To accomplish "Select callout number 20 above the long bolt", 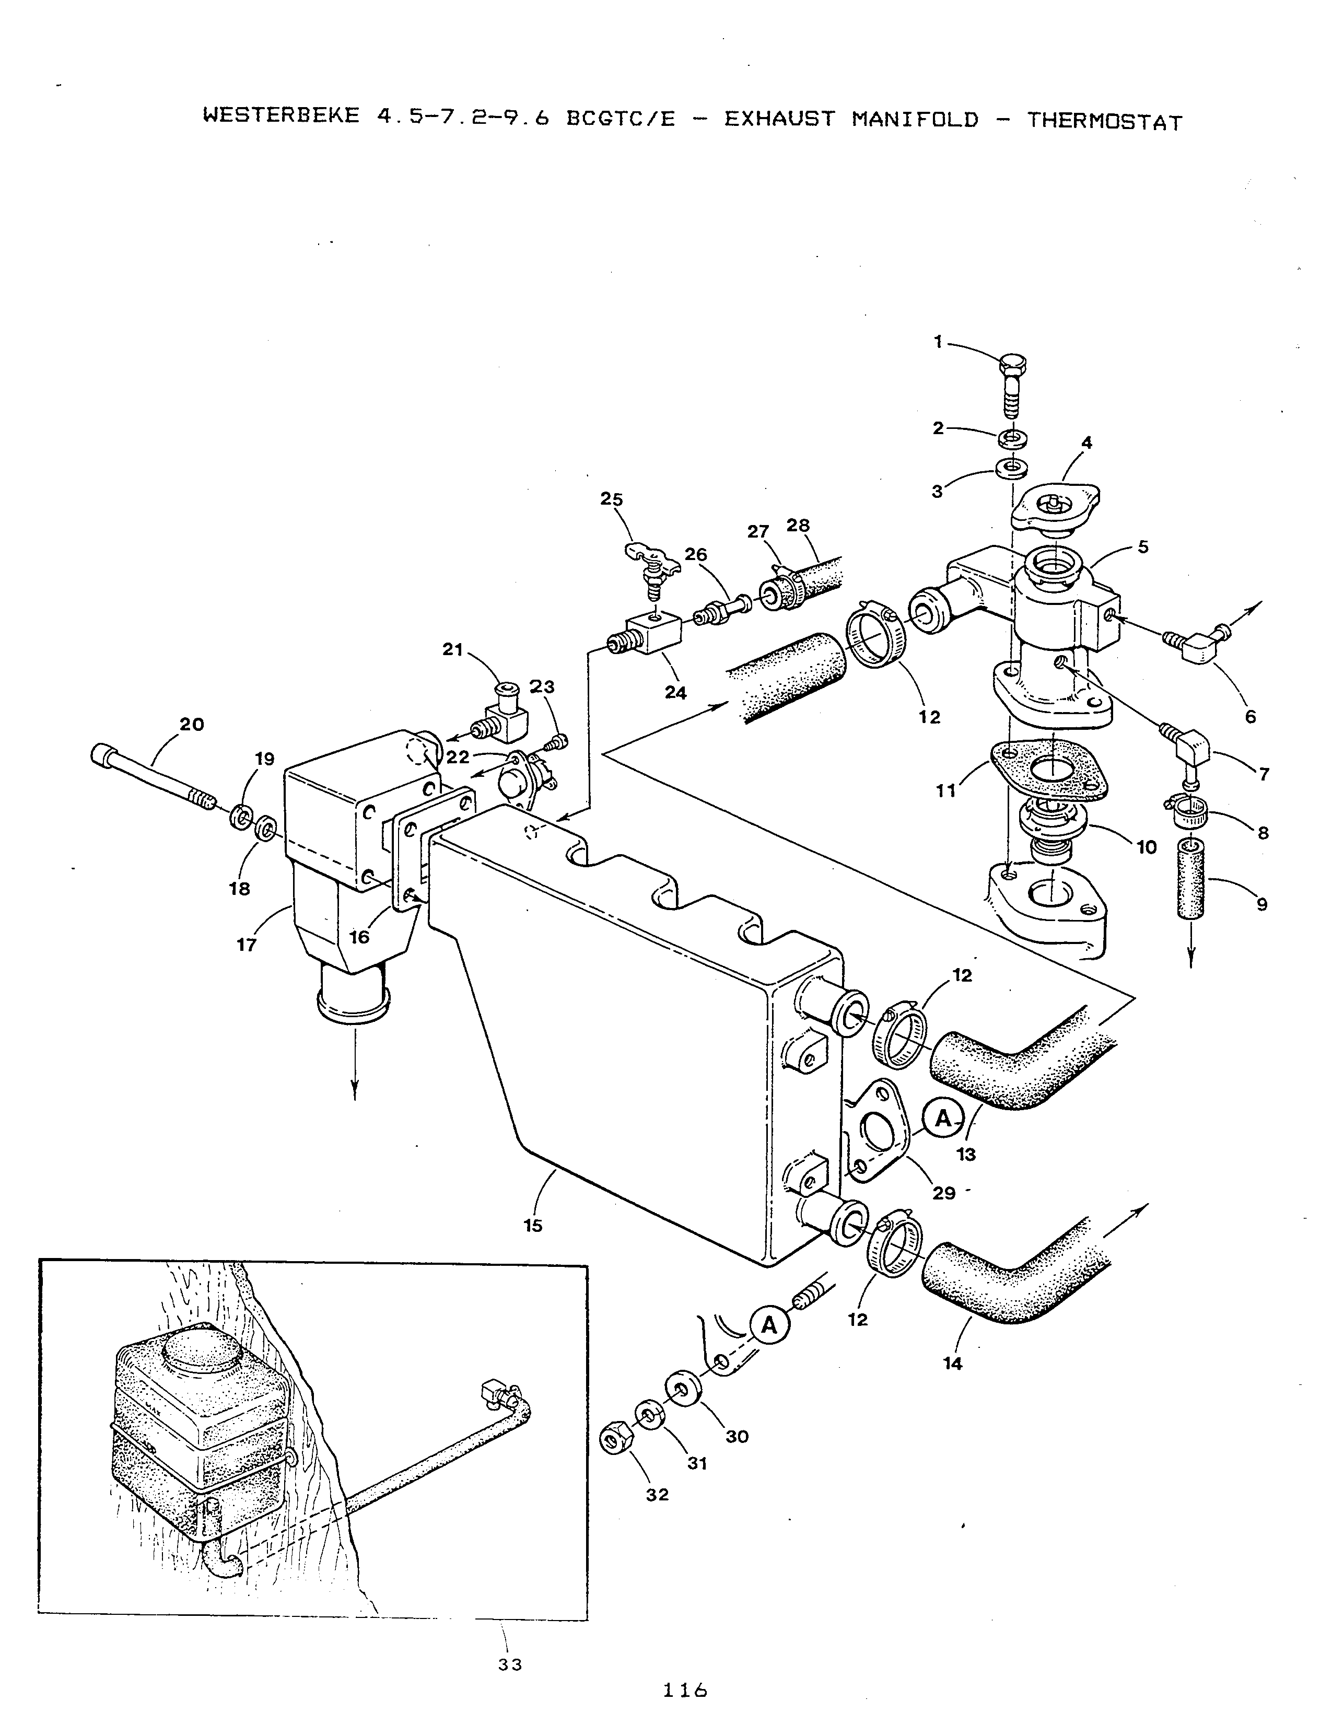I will pyautogui.click(x=192, y=724).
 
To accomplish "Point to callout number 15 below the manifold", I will pyautogui.click(x=533, y=1226).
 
